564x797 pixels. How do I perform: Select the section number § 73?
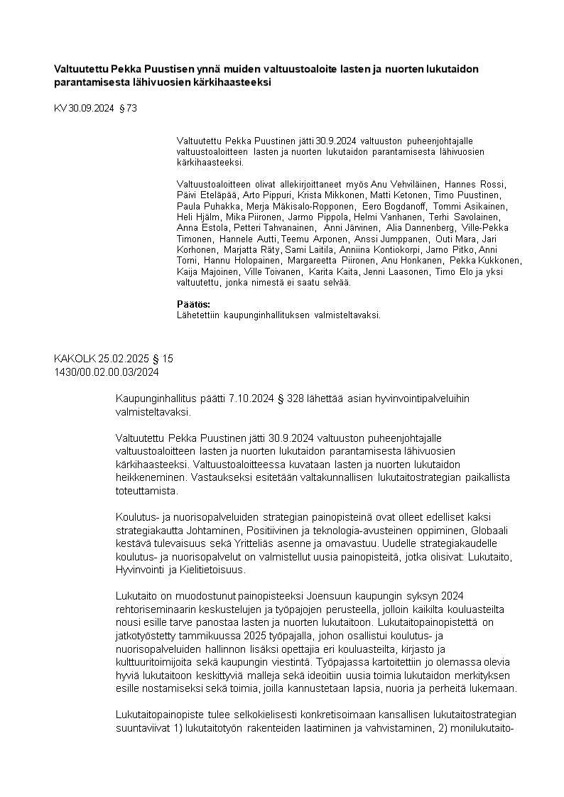point(128,109)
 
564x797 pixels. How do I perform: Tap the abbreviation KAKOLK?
point(75,359)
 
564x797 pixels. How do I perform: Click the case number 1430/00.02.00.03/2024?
point(107,371)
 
